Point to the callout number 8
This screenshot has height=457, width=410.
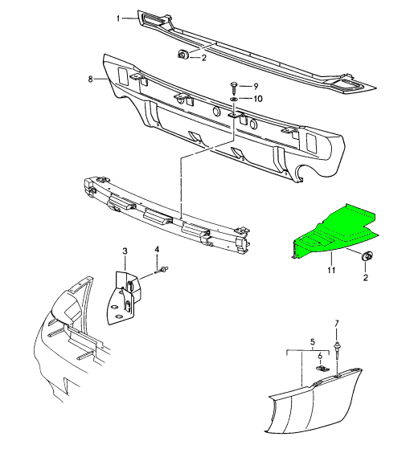(x=92, y=79)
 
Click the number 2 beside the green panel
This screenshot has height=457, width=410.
(x=366, y=277)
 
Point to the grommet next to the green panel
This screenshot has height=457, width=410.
(x=367, y=256)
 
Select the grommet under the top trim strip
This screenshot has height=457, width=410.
(x=182, y=54)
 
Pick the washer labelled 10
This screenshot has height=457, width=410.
(x=234, y=99)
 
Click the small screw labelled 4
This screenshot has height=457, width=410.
(x=163, y=269)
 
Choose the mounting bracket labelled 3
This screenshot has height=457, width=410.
(x=125, y=296)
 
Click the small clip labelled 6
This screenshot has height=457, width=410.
(x=321, y=368)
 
